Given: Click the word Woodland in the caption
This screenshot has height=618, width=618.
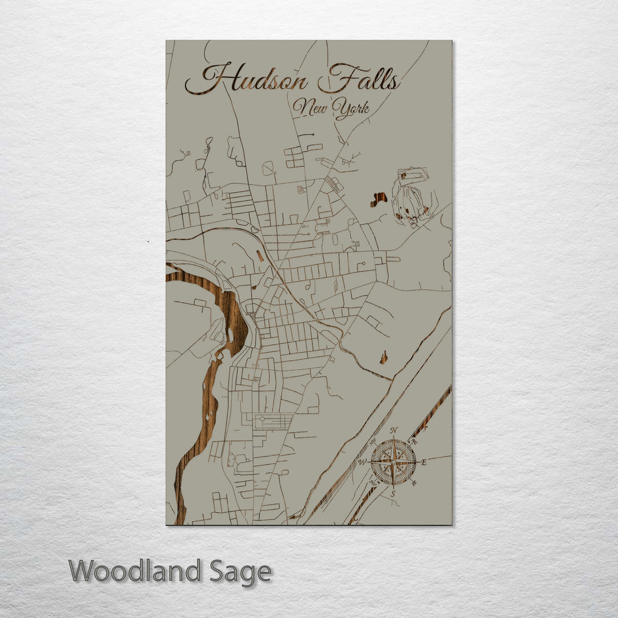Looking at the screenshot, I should coord(135,571).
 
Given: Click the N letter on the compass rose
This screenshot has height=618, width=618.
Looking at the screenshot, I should coord(394,431).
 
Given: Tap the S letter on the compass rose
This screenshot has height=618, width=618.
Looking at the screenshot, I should coord(393,493).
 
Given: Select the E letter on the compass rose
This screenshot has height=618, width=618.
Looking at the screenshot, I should coord(424,462).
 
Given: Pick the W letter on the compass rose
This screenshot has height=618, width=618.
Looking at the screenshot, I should coord(362,462).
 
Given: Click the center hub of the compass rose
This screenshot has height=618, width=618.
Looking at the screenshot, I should coord(393,462).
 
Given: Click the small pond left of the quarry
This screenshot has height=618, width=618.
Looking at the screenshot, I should coord(378,199).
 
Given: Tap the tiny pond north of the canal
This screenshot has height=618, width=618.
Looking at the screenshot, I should coord(383,358).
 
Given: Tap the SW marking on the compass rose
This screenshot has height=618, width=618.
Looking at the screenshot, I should coord(373,482).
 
